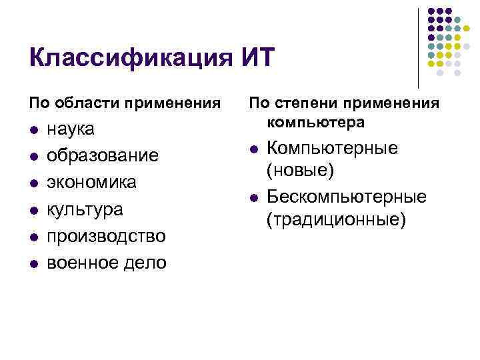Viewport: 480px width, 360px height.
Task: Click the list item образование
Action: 102,155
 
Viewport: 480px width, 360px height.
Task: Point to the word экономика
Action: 91,182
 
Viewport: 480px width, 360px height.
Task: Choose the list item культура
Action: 85,209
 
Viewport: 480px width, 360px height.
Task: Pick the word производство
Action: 105,236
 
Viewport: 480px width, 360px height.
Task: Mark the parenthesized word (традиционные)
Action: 335,219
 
